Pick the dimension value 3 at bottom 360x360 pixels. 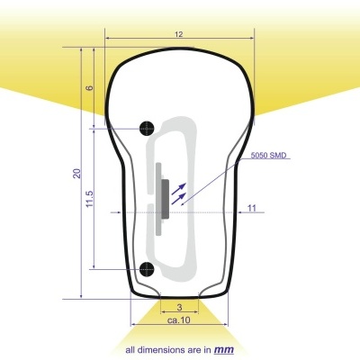180,307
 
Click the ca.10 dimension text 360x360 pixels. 179,319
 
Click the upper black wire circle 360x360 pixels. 148,127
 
